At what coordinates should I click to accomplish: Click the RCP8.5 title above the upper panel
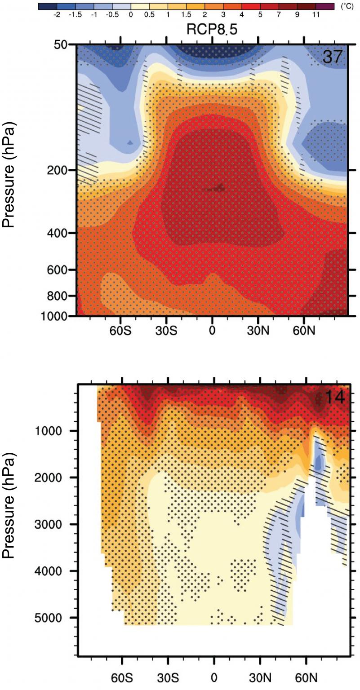[212, 29]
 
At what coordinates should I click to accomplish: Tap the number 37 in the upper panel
[333, 57]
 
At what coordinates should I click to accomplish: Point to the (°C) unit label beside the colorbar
[347, 7]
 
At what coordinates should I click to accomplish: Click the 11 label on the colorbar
[316, 15]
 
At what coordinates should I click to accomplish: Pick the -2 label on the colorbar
[57, 15]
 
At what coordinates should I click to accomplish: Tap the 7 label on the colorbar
[279, 15]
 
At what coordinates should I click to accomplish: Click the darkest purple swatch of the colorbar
[325, 6]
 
